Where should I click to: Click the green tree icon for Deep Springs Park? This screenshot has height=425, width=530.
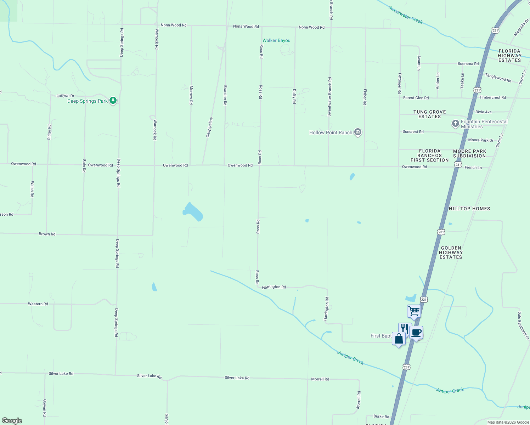[x=113, y=101]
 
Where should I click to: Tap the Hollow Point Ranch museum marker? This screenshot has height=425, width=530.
[x=358, y=132]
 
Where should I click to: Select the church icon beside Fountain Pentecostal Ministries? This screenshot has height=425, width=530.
[x=455, y=124]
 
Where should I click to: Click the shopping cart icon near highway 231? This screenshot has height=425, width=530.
[x=414, y=312]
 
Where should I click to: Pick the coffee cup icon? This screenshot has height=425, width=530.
[x=416, y=333]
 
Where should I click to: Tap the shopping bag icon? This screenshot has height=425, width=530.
[x=399, y=339]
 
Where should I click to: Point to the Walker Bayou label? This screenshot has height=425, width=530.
[x=276, y=40]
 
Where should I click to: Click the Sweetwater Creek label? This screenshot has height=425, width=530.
[x=405, y=15]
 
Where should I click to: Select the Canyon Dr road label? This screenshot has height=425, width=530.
[x=66, y=96]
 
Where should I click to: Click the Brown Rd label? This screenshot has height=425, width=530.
[x=47, y=234]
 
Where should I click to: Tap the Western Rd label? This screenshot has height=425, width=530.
[x=38, y=304]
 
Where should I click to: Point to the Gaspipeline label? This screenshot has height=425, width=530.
[x=210, y=127]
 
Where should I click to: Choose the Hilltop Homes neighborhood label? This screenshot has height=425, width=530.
[x=469, y=209]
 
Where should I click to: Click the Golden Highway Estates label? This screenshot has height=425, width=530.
[x=451, y=253]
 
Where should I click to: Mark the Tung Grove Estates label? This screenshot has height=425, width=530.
[x=429, y=114]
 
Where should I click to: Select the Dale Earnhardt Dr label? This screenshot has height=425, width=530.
[x=523, y=325]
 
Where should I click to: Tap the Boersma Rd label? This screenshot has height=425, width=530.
[x=468, y=64]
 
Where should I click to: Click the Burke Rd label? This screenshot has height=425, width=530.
[x=381, y=416]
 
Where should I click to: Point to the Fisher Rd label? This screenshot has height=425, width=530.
[x=365, y=97]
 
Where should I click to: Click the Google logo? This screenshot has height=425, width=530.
[x=12, y=421]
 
